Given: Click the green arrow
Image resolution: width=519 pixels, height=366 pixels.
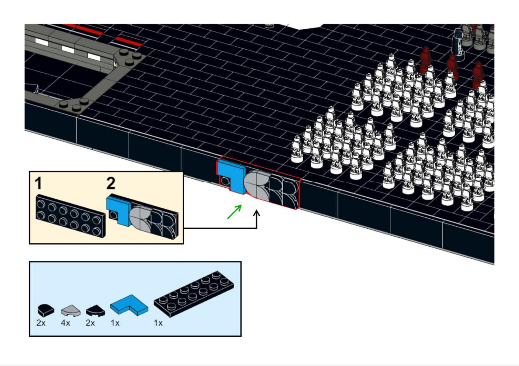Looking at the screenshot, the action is coord(234,212).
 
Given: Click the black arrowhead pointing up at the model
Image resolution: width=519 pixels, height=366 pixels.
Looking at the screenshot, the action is coord(256,213).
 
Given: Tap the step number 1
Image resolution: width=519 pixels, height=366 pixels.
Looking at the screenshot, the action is coord(38,184).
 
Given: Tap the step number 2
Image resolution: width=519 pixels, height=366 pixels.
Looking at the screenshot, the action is coord(111,183).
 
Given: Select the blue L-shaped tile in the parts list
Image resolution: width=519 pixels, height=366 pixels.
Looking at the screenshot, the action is coord(129,305).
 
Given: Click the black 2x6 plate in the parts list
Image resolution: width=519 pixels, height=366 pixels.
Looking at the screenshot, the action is coord(194,294).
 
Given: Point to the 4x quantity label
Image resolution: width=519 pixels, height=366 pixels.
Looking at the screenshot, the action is coord(65,323).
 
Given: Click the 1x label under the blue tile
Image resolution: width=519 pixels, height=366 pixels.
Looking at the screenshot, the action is coord(115,323).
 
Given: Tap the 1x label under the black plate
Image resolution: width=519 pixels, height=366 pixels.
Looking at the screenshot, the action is coord(158,323).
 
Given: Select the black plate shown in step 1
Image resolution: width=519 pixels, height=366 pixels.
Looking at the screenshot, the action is coord(71,216).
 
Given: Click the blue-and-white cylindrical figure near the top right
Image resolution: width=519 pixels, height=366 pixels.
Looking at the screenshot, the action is coord(459,44).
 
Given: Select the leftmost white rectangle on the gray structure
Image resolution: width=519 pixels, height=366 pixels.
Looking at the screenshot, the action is coord(41,42).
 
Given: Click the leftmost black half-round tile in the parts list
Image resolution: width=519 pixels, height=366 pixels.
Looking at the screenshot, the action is coord(46,310).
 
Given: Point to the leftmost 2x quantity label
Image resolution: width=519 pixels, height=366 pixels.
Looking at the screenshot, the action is coord(41,323).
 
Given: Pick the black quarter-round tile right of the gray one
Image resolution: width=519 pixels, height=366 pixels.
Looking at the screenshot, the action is coord(95,310).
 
